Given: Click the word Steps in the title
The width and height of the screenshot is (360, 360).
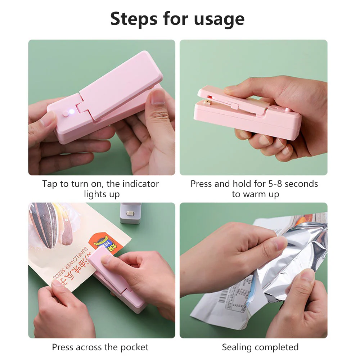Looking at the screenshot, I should [x=134, y=19].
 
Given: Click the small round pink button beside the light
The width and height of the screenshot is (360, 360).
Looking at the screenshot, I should [x=65, y=113].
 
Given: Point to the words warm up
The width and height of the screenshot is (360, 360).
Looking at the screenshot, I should [x=261, y=194].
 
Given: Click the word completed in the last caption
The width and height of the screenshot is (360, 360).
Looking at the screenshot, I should [x=277, y=347].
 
